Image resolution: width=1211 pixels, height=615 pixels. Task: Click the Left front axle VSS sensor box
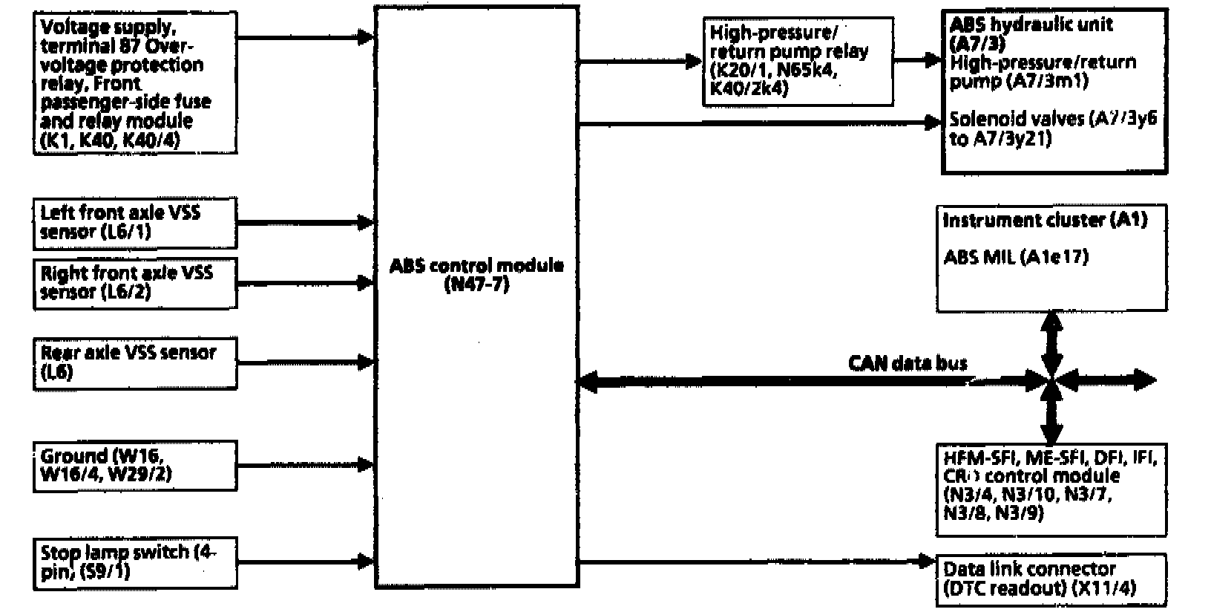coord(135,222)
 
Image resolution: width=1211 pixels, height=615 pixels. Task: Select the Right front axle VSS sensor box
coord(135,282)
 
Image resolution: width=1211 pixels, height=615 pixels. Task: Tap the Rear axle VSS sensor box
coord(135,362)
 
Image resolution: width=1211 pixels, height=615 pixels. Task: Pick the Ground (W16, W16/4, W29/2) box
coord(135,466)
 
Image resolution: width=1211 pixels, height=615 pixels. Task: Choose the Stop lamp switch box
coord(135,563)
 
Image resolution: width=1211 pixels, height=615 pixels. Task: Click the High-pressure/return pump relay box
coord(798,62)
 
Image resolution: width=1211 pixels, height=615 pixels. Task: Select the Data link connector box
coord(1051,580)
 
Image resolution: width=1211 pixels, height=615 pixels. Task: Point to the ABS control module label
coord(476,266)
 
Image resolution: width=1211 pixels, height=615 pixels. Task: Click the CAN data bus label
coord(908,363)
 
